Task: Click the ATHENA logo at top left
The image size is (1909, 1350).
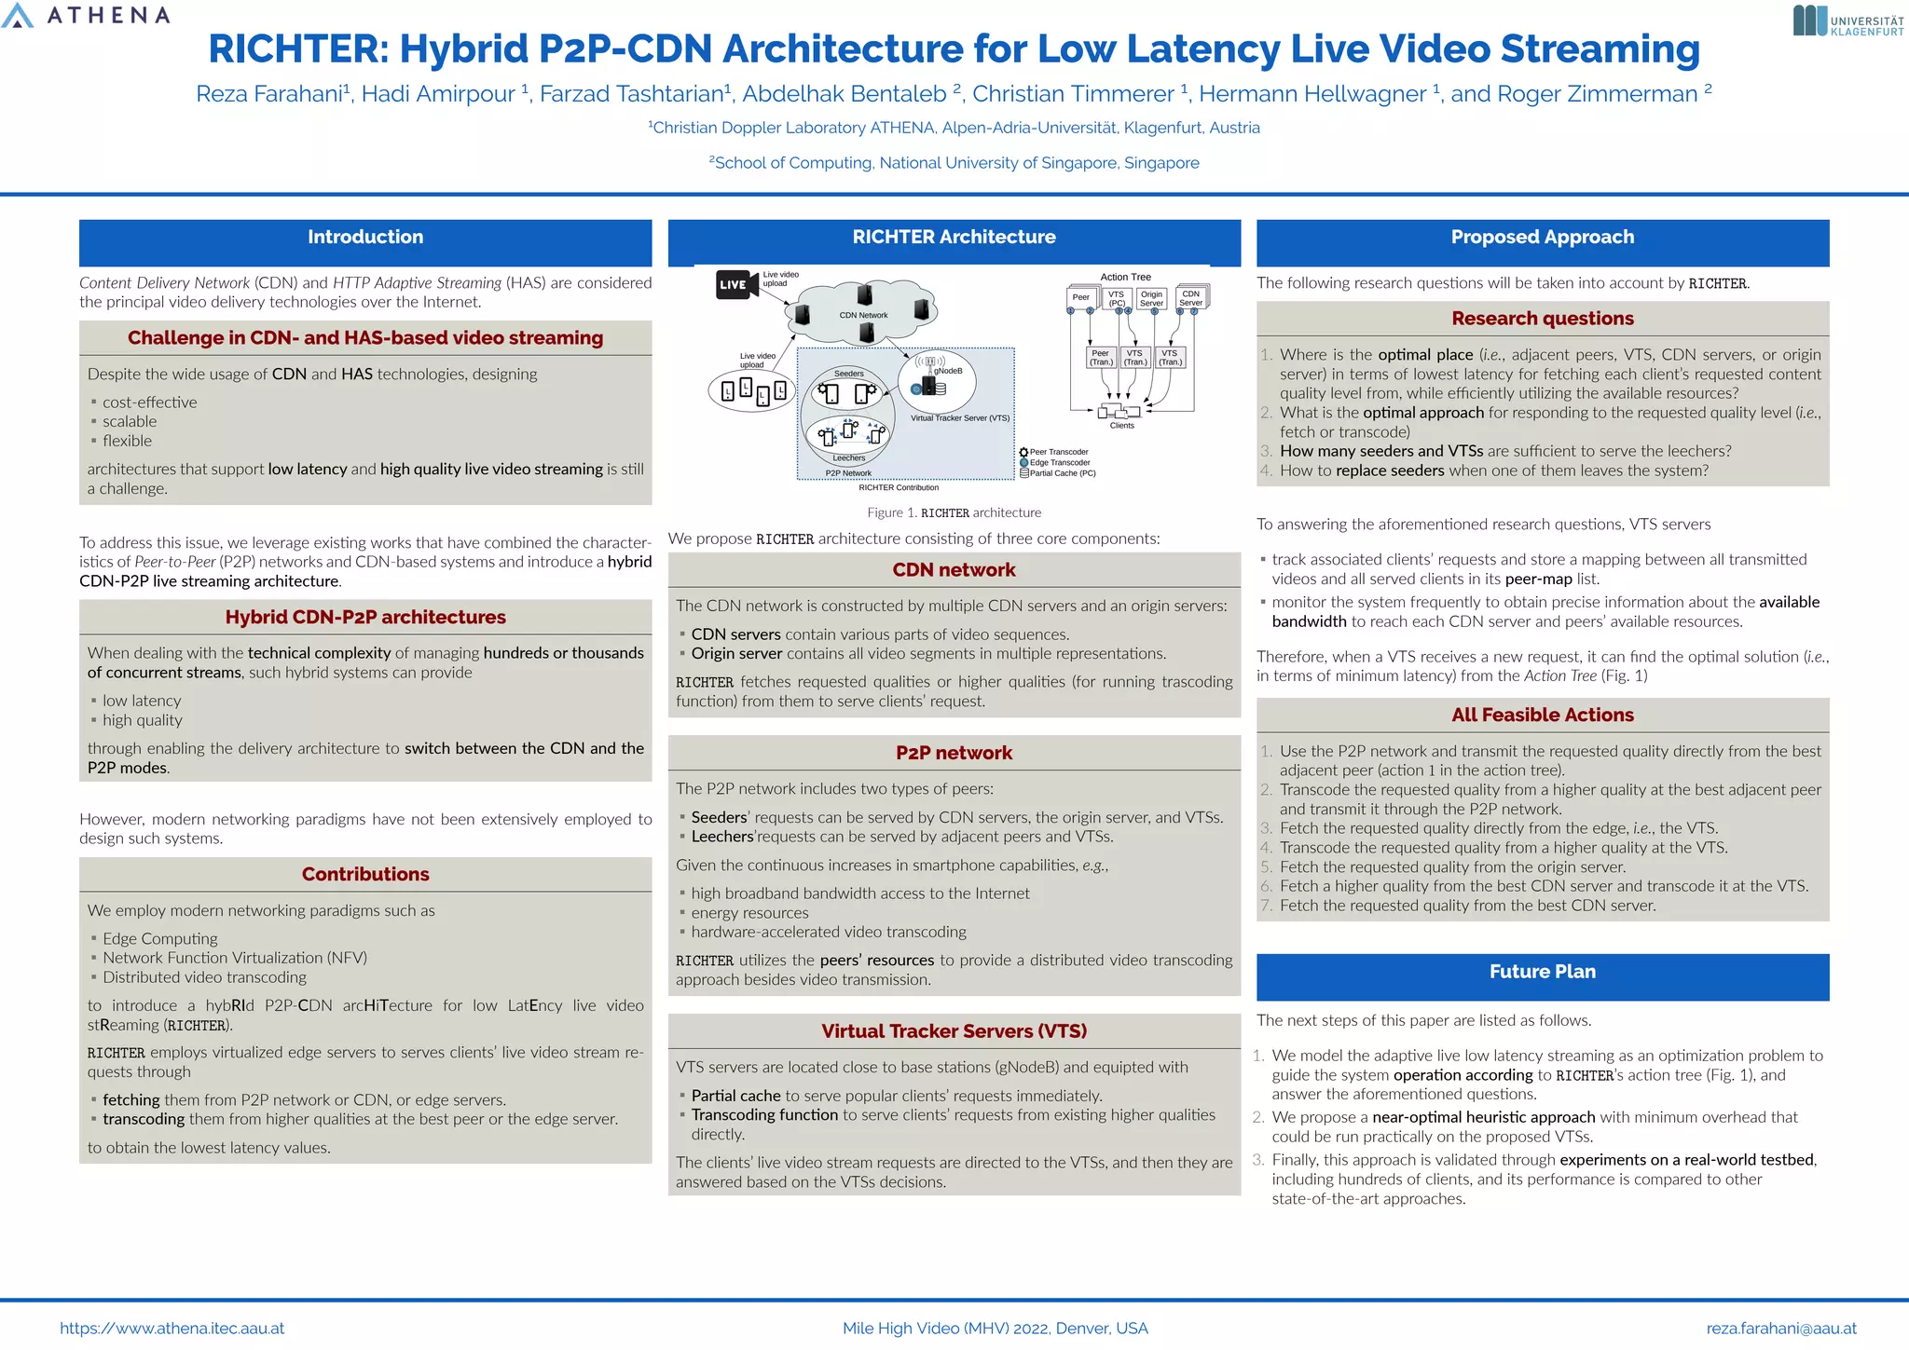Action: coord(86,16)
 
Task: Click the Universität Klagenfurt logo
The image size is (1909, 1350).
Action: coord(1847,21)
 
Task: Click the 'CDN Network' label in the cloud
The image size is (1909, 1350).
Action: coord(863,315)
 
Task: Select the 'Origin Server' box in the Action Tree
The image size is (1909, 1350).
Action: coord(1151,299)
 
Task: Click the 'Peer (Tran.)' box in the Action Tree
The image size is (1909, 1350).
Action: coord(1101,358)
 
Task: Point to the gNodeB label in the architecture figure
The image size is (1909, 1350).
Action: coord(948,371)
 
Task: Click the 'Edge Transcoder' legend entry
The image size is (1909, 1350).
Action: coord(1059,462)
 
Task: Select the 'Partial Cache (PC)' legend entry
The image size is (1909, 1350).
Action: coord(1062,473)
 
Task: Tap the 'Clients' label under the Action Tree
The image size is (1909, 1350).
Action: coord(1122,426)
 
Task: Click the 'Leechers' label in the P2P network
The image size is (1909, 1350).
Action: coord(848,458)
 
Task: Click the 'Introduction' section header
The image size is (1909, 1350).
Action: coord(365,238)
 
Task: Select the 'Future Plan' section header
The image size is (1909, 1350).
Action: coord(1542,972)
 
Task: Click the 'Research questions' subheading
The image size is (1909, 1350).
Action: coord(1542,319)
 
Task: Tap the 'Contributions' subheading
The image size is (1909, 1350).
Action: coord(365,875)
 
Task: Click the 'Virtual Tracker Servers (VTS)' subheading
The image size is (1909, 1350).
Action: coord(954,1031)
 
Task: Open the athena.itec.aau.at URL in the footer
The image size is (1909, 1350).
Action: coord(172,1329)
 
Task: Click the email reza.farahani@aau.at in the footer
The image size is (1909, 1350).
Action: coord(1780,1329)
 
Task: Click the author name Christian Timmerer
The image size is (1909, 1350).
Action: coord(1073,94)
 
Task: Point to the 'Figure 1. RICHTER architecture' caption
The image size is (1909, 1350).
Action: coord(954,512)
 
